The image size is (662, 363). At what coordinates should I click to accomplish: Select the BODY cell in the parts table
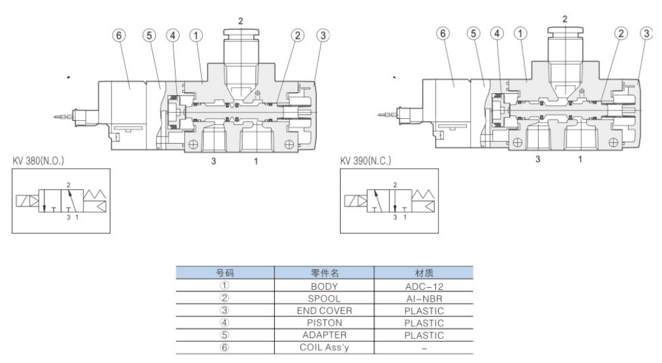click(324, 285)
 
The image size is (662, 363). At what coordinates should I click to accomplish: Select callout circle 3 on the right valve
click(646, 35)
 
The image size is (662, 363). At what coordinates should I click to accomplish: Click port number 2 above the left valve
click(240, 21)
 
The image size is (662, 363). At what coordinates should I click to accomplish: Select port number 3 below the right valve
click(538, 159)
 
